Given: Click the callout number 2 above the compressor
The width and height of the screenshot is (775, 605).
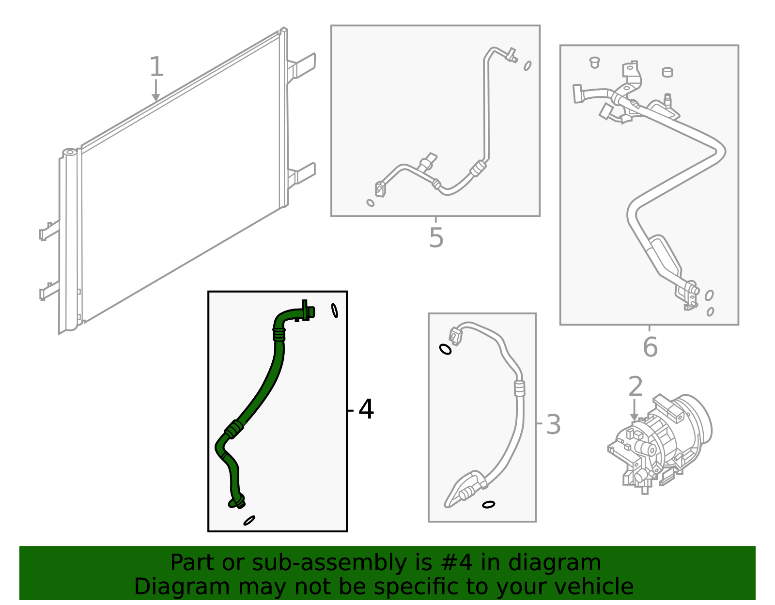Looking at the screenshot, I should [635, 387].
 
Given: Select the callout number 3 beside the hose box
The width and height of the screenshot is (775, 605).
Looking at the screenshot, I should [553, 424].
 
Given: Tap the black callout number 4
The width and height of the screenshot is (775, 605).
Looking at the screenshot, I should [366, 409].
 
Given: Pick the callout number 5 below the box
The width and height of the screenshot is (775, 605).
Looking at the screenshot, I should [436, 238].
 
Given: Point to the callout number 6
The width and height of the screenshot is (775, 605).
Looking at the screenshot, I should [650, 347].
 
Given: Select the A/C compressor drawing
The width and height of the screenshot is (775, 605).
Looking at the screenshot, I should [661, 443].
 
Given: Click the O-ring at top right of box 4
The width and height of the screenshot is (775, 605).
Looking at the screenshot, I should [335, 310].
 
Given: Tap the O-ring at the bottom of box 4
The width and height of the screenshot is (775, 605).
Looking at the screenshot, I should [249, 520].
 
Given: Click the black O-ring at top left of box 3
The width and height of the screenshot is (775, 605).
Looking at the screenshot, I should [445, 349].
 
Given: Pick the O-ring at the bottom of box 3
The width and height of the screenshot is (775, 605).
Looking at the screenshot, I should [489, 505].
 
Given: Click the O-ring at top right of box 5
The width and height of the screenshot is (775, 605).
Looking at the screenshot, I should [527, 65].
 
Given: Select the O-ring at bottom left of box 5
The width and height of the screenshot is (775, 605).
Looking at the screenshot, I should [371, 203].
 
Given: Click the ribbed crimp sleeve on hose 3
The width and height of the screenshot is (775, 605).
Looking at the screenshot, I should [519, 388].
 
